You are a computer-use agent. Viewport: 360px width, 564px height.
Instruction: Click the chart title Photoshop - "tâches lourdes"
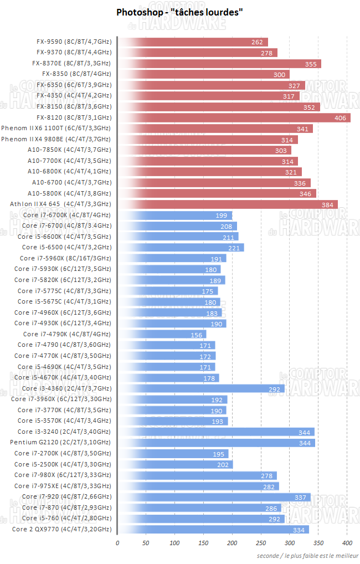(x=179, y=12)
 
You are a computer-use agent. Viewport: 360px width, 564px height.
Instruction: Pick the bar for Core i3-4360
(x=201, y=388)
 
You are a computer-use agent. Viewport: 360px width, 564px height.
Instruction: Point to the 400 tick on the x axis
(x=347, y=543)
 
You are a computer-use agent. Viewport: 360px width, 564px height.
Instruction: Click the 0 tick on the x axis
(x=117, y=543)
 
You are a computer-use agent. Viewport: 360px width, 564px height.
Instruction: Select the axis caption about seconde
(x=307, y=555)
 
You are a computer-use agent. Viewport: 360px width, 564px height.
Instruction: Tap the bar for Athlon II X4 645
(x=228, y=204)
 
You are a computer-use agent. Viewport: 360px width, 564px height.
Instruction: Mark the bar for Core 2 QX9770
(x=213, y=530)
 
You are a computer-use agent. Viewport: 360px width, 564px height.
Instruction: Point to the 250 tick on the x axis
(x=261, y=543)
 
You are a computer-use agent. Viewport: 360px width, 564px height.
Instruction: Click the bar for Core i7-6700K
(x=174, y=215)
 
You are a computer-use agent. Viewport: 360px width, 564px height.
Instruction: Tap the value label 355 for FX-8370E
(x=310, y=64)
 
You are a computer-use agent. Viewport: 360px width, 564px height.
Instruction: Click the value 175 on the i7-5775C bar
(x=207, y=291)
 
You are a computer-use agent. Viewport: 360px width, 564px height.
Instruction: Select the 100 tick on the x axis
(x=175, y=543)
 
